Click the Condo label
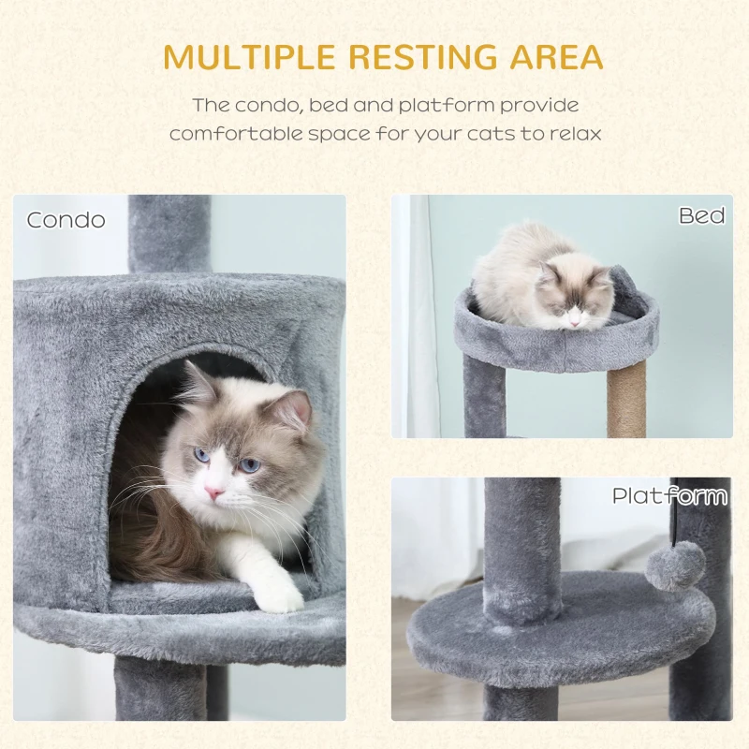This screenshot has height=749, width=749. (x=66, y=220)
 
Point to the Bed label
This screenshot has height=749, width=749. (x=701, y=216)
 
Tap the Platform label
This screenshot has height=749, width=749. (x=669, y=495)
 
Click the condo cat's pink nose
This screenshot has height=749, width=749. (x=214, y=492)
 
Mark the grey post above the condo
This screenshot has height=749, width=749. (x=169, y=234)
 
